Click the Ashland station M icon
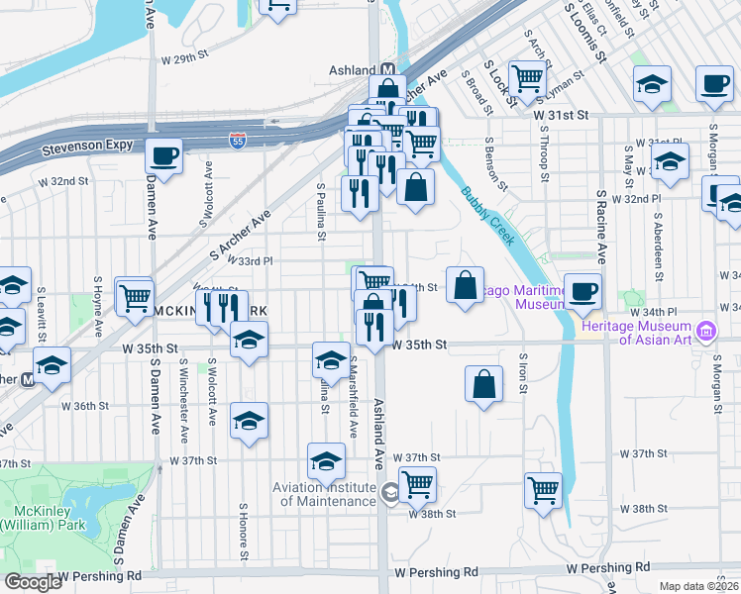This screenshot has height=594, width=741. click(388, 70)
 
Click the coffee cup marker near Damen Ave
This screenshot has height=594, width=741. click(164, 156)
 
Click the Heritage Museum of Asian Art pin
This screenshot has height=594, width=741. click(706, 330)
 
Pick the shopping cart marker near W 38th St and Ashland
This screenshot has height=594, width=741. click(418, 484)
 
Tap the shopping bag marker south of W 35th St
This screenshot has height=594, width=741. click(482, 385)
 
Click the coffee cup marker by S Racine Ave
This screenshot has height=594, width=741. click(583, 291)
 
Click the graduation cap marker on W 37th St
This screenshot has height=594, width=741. click(326, 460)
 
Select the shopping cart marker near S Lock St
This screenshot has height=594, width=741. click(527, 77)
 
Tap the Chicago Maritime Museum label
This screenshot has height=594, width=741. click(518, 295)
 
